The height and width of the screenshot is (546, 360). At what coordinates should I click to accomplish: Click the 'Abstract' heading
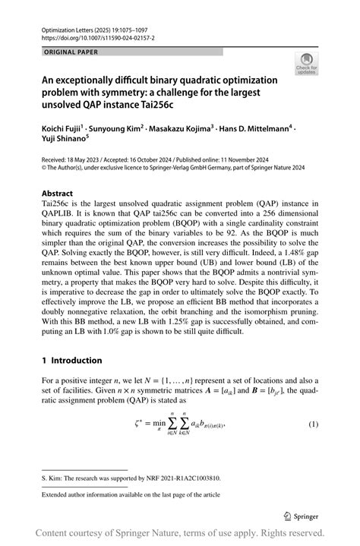(58, 193)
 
